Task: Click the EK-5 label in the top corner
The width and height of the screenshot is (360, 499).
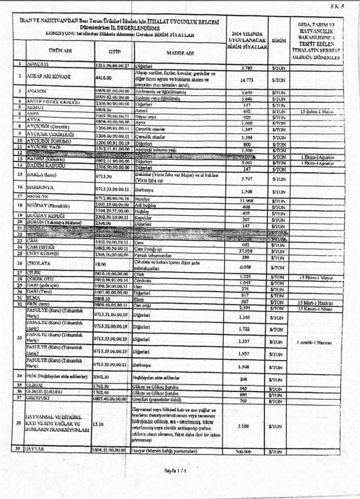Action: [337, 6]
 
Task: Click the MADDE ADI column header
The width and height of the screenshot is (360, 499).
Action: [180, 52]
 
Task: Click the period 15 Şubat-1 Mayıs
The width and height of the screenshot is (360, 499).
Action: [317, 112]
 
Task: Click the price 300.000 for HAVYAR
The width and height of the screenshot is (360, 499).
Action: [247, 452]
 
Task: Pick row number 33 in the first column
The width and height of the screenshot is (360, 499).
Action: [19, 337]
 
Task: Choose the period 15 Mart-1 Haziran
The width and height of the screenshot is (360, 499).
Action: [317, 302]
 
